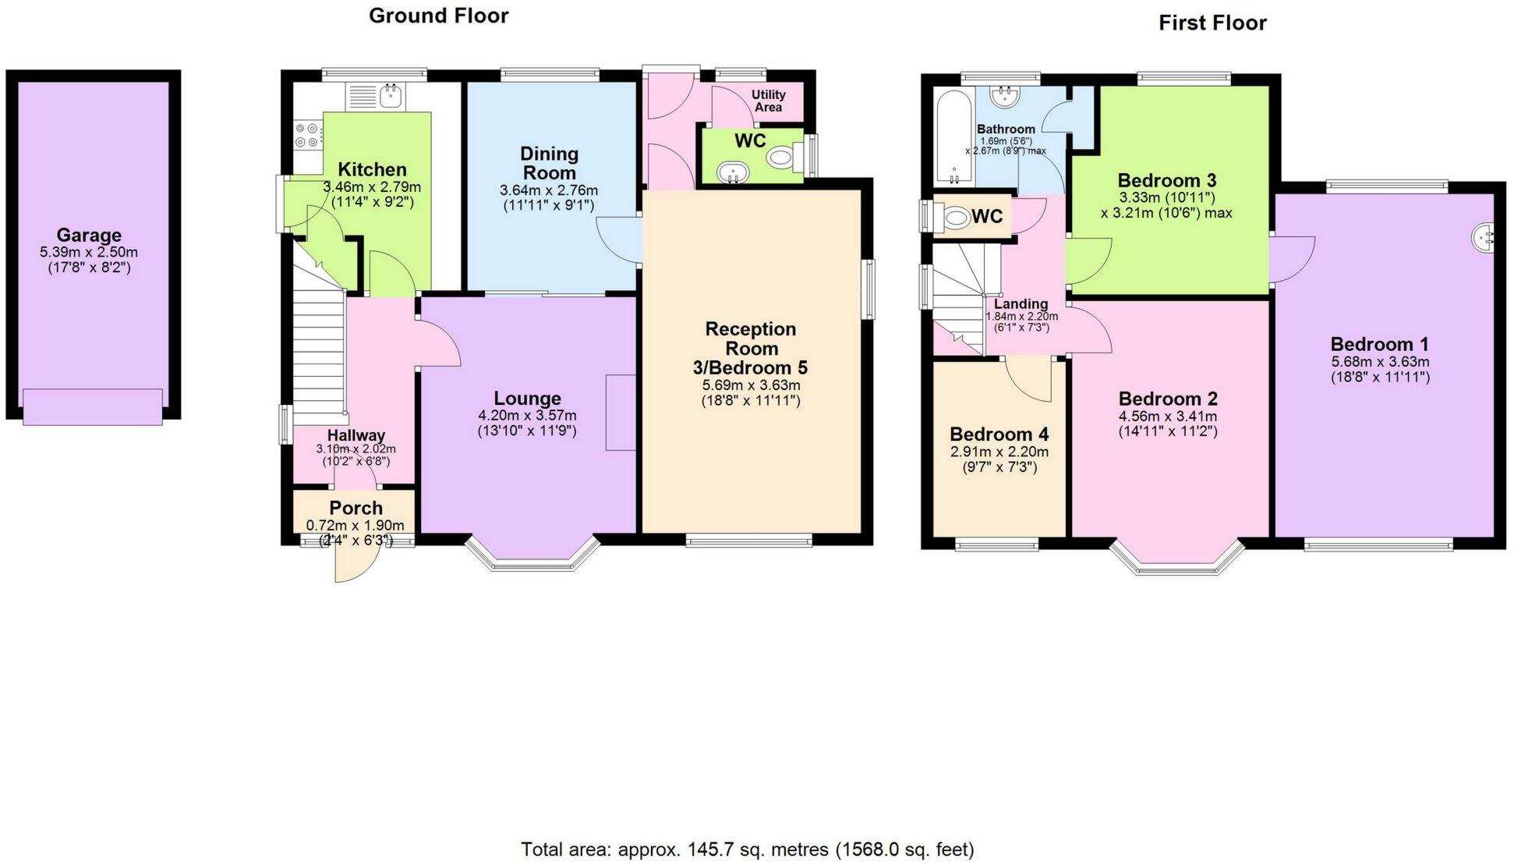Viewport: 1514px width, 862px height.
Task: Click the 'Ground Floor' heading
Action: tap(438, 16)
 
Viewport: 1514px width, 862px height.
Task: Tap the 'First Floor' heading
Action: tap(1212, 23)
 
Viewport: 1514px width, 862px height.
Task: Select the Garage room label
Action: tap(89, 235)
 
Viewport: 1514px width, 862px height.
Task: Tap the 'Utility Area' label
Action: tap(769, 101)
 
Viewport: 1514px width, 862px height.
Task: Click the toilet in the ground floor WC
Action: tap(782, 158)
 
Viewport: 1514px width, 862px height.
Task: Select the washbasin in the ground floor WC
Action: tap(734, 172)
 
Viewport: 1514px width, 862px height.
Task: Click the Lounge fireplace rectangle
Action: tap(621, 412)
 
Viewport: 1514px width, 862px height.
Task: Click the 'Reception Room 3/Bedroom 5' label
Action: tap(750, 348)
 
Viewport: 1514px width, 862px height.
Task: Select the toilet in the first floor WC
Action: tap(953, 216)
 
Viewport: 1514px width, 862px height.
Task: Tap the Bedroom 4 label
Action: tap(999, 435)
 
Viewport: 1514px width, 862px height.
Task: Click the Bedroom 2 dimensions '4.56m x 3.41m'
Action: tap(1167, 417)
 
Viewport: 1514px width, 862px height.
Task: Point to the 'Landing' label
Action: tap(1021, 304)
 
